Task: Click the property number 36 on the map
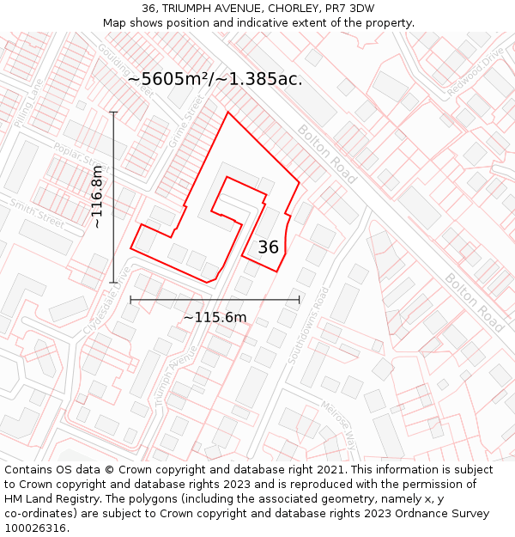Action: point(268,247)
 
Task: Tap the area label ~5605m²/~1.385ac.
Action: point(215,79)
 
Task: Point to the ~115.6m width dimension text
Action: point(215,317)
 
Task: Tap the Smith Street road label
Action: point(38,214)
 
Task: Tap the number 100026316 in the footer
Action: point(35,528)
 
